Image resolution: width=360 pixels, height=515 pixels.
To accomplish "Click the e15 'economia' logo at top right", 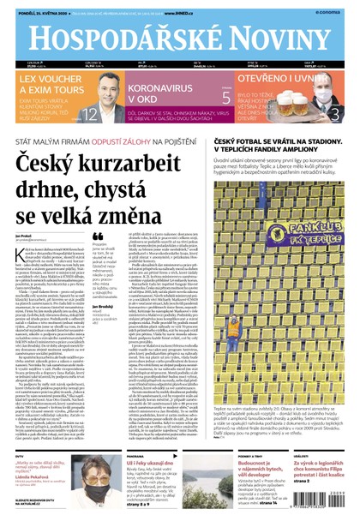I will point(338,10).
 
